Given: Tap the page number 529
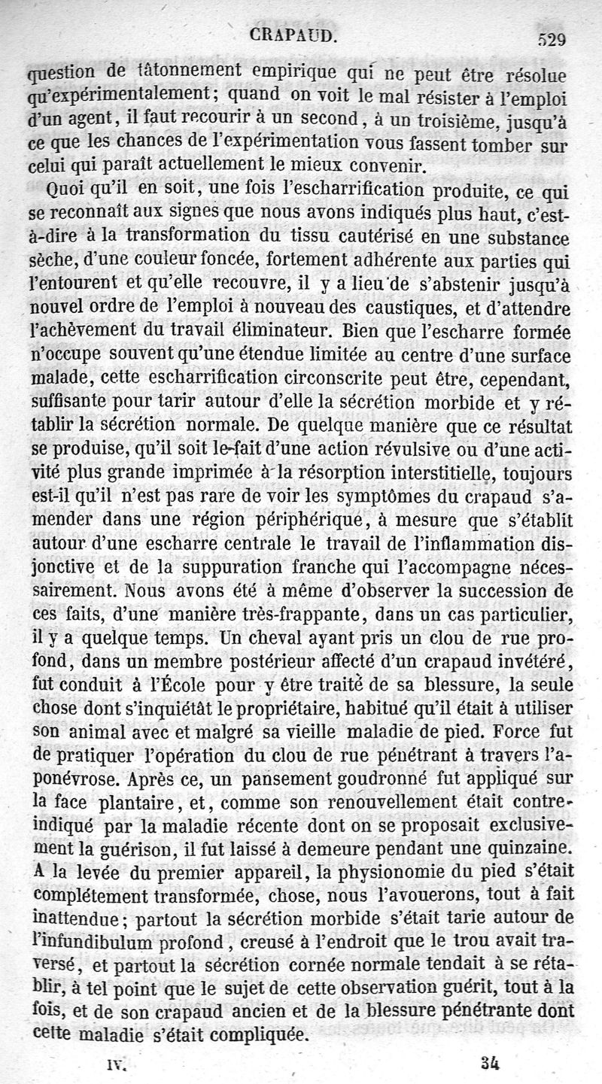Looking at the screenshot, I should (x=551, y=40).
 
